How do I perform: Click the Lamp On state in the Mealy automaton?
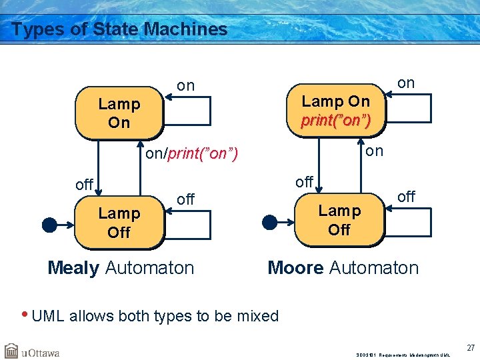[x=119, y=113]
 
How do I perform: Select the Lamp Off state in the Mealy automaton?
[x=119, y=223]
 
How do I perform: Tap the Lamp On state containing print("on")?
[x=335, y=111]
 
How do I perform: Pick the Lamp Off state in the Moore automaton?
[x=339, y=220]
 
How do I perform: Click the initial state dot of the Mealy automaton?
[x=49, y=225]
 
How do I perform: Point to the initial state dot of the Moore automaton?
[x=269, y=222]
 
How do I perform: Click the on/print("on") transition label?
[x=193, y=154]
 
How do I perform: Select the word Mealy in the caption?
[x=73, y=268]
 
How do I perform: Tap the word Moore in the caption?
[x=295, y=268]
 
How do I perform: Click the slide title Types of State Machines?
[x=120, y=29]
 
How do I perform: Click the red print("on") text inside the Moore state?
[x=335, y=121]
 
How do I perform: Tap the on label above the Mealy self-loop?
[x=186, y=85]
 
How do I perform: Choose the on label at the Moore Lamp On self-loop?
[x=405, y=83]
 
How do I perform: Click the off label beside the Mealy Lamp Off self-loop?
[x=186, y=199]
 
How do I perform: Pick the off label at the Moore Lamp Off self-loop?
[x=406, y=196]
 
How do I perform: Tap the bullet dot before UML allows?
[x=25, y=315]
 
